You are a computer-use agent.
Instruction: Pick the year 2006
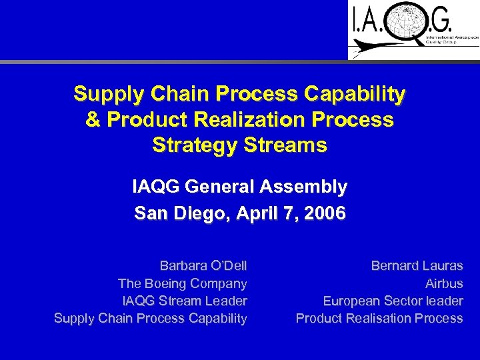(x=324, y=213)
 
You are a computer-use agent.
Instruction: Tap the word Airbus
(x=444, y=283)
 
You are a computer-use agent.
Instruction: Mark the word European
(x=352, y=301)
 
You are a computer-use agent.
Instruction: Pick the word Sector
(x=405, y=301)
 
